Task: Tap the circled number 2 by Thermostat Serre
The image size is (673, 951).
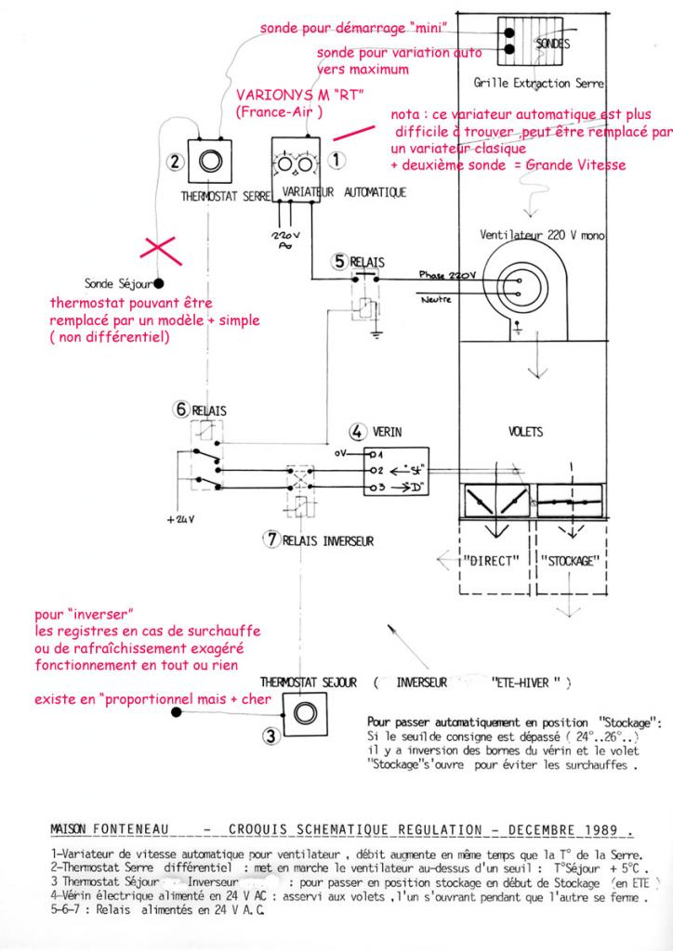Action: (x=175, y=161)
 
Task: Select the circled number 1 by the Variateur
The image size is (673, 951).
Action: (x=338, y=161)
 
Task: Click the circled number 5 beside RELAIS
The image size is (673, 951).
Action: (x=339, y=262)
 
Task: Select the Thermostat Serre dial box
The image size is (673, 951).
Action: (x=210, y=162)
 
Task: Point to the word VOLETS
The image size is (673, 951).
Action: (x=527, y=433)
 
